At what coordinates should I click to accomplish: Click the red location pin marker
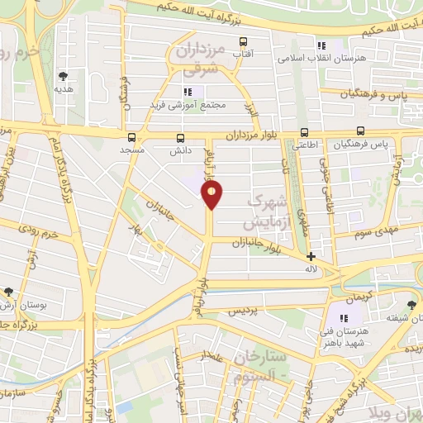(212, 194)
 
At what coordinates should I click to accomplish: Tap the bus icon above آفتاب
(243, 41)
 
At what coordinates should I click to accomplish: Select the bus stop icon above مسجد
(131, 137)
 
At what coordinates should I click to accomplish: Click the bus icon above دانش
(181, 137)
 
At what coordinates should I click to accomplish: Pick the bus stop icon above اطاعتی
(304, 131)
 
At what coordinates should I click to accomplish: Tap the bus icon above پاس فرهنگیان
(360, 131)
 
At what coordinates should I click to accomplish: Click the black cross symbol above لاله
(311, 256)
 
